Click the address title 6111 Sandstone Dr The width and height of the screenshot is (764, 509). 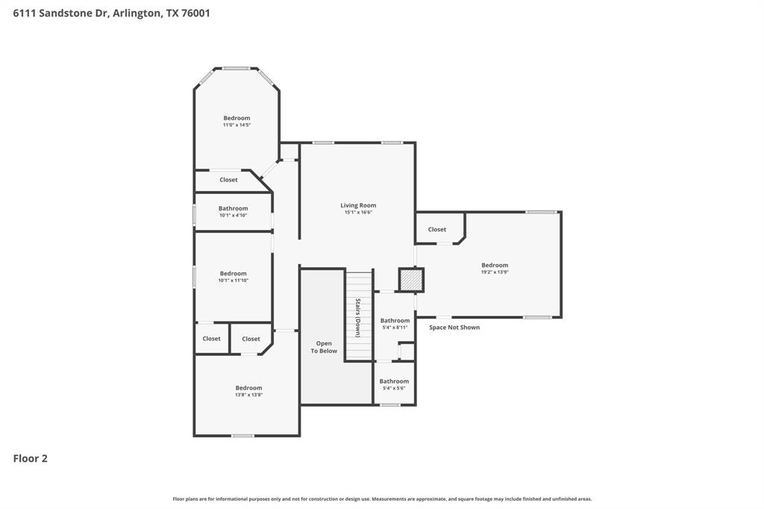tap(111, 13)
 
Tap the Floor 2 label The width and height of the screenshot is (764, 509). tap(30, 458)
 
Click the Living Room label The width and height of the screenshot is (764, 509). tap(358, 205)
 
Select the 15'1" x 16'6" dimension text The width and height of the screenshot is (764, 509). tap(358, 213)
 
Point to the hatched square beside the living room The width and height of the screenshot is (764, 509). tap(411, 280)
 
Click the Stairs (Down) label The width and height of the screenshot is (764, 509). tap(358, 317)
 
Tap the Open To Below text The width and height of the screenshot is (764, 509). tap(324, 347)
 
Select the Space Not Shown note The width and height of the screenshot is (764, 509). tap(454, 327)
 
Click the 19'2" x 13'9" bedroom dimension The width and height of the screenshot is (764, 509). tap(495, 272)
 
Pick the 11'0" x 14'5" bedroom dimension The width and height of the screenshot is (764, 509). tap(237, 125)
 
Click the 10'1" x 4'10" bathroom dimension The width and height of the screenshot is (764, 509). tap(233, 216)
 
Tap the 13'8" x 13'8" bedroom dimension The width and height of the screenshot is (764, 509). tap(248, 395)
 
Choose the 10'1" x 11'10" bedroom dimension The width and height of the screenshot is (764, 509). tap(233, 281)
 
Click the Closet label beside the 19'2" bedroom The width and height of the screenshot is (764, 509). tap(437, 229)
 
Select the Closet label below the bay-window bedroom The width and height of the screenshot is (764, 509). tap(228, 180)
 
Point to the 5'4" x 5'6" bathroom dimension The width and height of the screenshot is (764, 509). tap(394, 388)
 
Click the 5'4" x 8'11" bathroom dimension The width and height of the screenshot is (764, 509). tap(395, 328)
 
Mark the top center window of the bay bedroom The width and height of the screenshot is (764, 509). tap(237, 69)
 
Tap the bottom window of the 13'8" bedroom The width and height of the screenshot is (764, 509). tap(242, 436)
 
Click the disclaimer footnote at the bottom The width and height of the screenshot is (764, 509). tap(382, 499)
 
